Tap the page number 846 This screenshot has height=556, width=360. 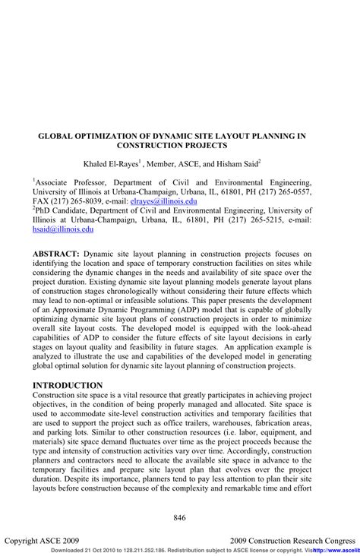(180, 517)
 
